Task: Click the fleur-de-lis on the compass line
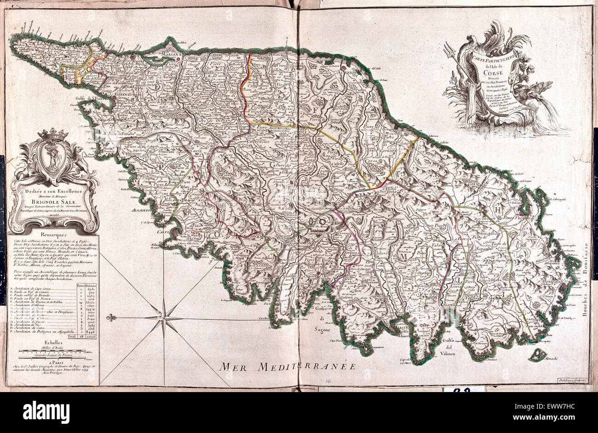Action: click(x=109, y=318)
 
